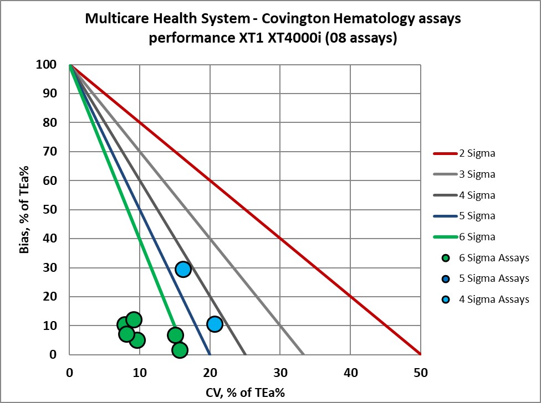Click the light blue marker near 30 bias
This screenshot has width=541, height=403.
coord(183,269)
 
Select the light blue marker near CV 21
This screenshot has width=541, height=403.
coord(215,324)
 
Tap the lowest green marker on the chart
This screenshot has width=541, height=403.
coord(180,350)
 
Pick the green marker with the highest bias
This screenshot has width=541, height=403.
coord(134,320)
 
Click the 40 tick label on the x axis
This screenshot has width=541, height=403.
coord(350,374)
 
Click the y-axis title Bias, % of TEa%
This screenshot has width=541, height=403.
coord(24,209)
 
